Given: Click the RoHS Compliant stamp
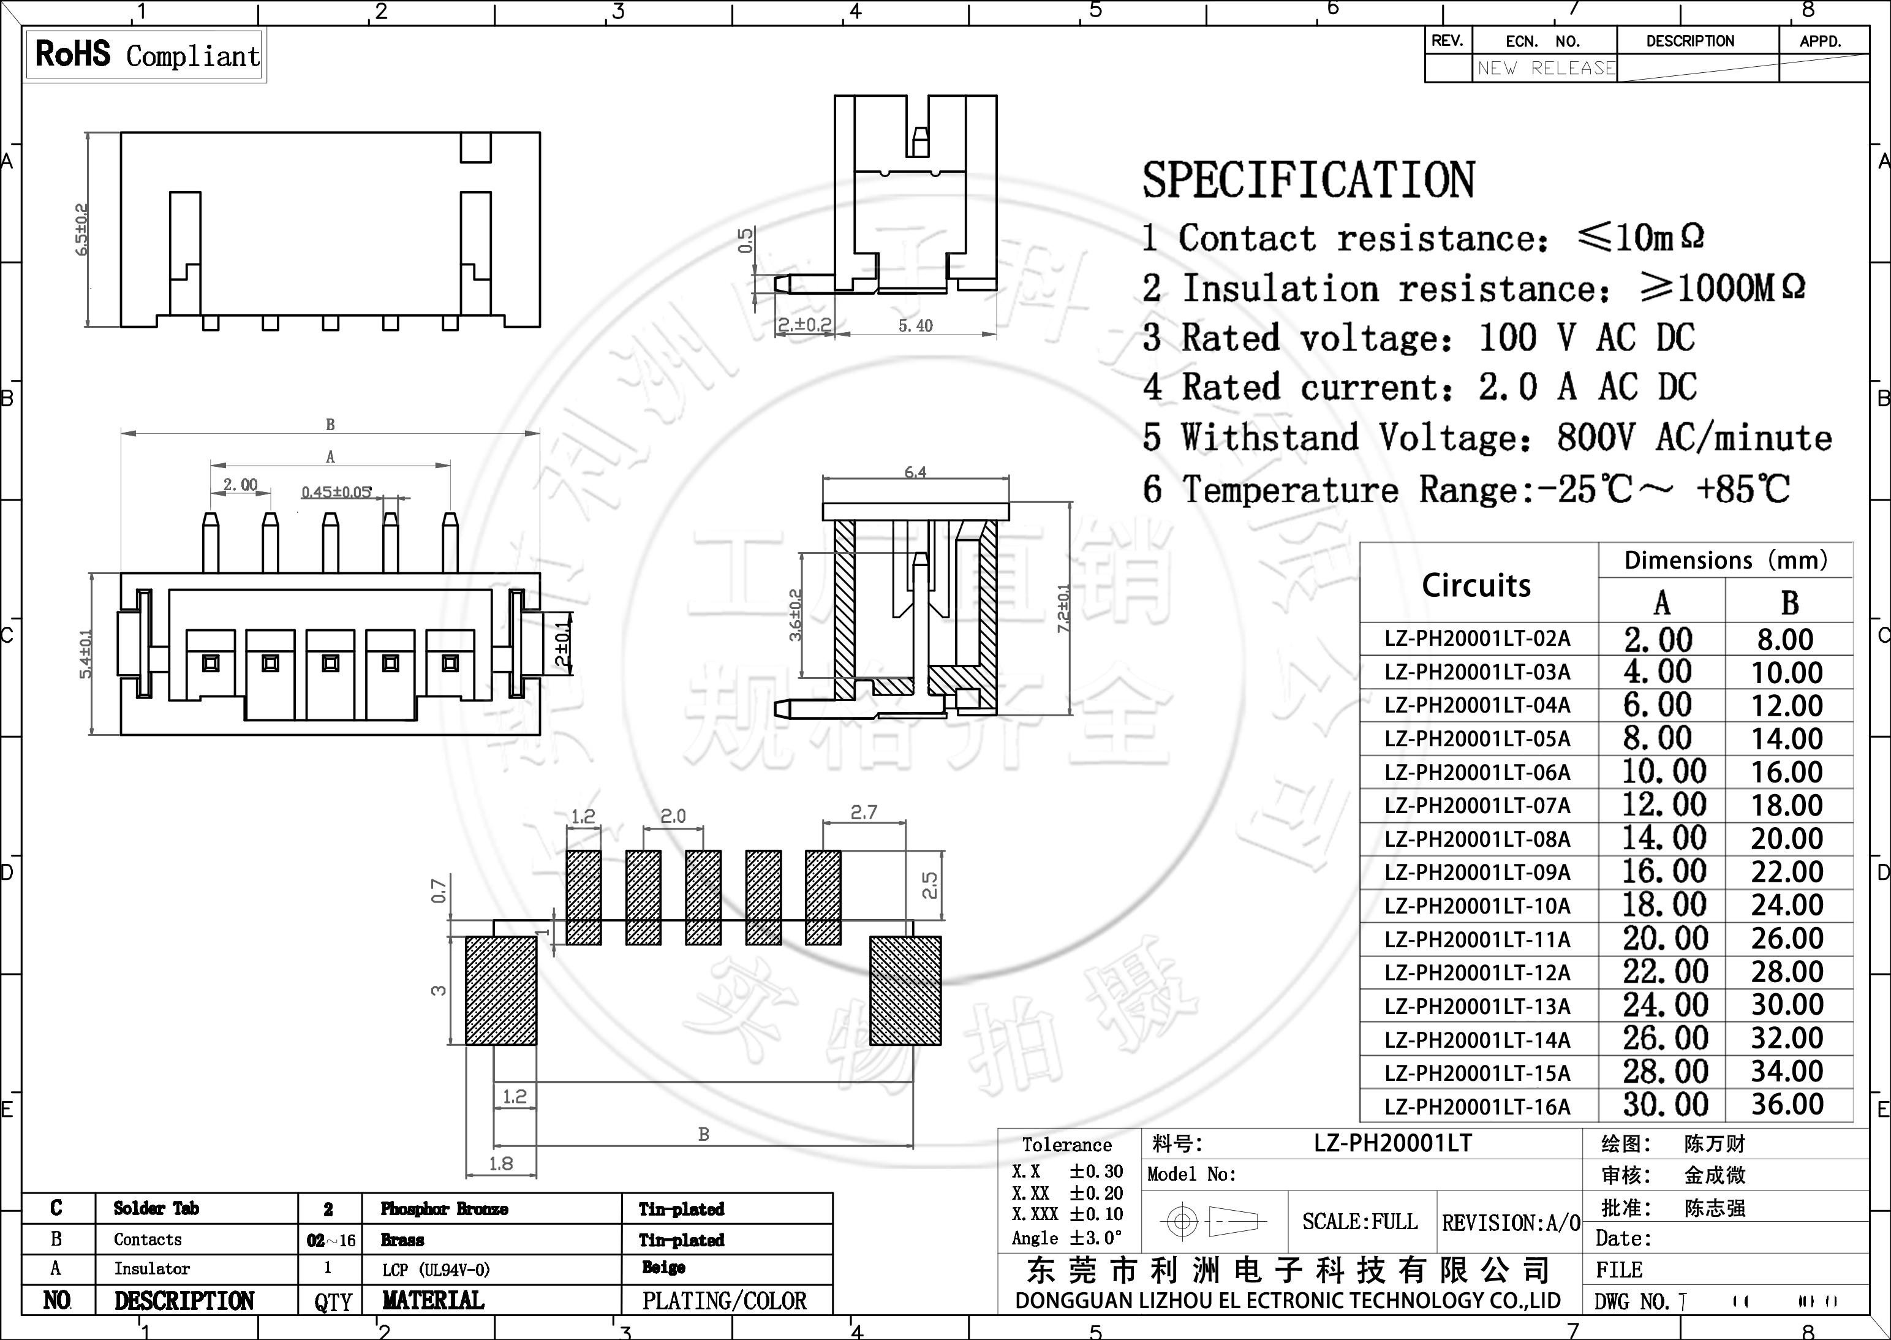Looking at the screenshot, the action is pos(146,55).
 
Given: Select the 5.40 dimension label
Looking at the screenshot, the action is pos(915,326).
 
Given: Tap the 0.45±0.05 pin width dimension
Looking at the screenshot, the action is pos(336,493).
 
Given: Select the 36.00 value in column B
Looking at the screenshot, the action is pos(1787,1105).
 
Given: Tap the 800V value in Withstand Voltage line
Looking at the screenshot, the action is pos(1594,438).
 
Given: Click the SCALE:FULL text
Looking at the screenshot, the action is pos(1360,1222).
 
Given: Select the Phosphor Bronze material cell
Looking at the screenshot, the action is pos(443,1209).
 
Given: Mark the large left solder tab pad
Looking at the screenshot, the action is pos(500,990).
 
